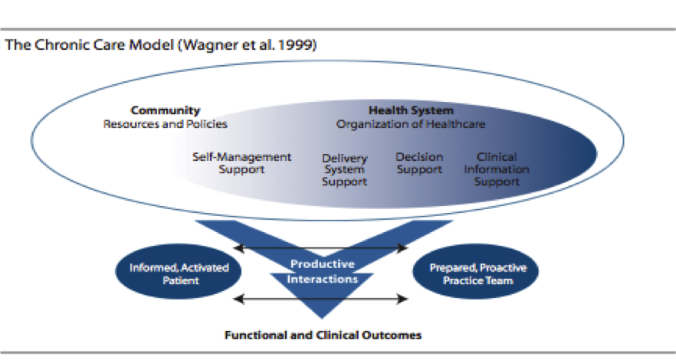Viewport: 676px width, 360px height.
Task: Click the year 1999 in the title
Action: [298, 44]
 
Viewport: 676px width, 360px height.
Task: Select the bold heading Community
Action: [166, 110]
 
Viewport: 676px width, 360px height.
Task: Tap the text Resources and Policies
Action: [165, 124]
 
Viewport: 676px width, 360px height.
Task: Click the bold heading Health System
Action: [411, 110]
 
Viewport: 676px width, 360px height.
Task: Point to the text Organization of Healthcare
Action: [411, 124]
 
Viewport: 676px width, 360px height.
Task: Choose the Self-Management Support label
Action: [242, 163]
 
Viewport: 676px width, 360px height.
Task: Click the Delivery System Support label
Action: [344, 170]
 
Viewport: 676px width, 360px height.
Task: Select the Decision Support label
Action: [419, 163]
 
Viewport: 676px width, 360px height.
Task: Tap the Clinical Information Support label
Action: [497, 169]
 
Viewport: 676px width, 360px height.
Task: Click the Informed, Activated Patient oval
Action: [178, 271]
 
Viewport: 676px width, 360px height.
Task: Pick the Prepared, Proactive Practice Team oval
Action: [475, 271]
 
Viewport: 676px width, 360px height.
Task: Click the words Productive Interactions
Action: [323, 271]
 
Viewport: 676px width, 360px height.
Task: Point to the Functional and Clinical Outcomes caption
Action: [323, 335]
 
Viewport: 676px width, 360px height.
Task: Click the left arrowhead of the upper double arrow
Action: [238, 248]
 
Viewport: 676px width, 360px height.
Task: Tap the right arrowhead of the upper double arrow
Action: [403, 248]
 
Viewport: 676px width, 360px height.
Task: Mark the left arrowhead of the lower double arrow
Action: [238, 299]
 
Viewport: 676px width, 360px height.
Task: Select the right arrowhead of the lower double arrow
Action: [403, 299]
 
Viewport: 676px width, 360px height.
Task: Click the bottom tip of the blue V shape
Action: [322, 318]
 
